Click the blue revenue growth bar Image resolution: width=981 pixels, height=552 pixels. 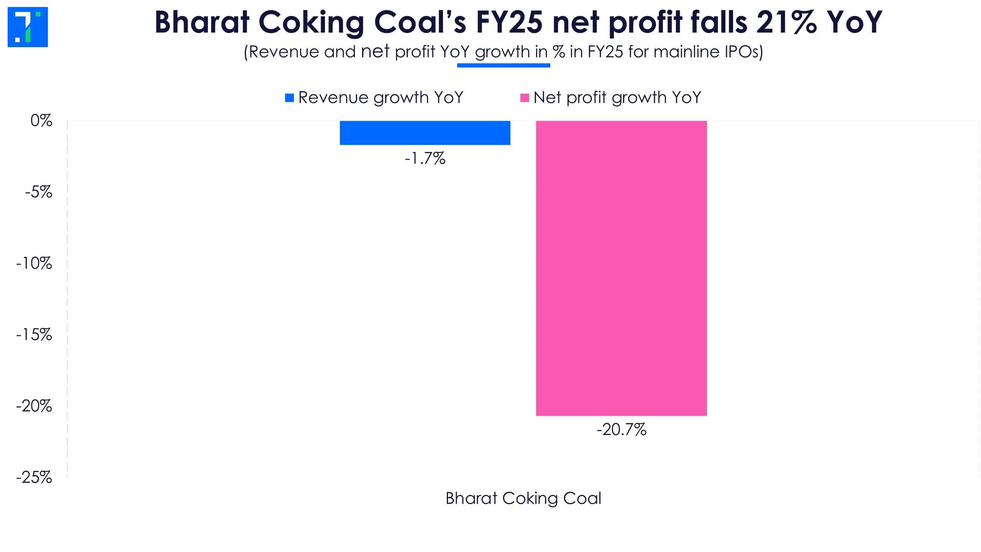pos(425,133)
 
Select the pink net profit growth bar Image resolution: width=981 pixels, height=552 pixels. pos(621,268)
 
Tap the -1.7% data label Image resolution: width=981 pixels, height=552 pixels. pos(425,158)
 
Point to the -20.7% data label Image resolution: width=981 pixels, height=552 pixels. pos(621,429)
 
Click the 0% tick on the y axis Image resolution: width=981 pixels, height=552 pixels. pos(41,121)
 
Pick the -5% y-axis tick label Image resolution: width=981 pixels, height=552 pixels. pos(38,192)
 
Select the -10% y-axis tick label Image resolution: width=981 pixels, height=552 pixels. pos(34,263)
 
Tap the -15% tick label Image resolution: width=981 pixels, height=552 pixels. pos(34,335)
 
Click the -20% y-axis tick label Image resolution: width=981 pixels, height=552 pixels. pos(34,406)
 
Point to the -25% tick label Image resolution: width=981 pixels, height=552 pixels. pos(34,477)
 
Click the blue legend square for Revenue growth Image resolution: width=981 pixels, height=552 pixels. pos(289,98)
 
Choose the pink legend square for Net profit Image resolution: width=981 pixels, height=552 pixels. pos(524,98)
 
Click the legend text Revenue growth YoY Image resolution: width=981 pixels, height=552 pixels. pos(381,98)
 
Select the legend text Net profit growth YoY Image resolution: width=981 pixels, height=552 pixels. pos(617,98)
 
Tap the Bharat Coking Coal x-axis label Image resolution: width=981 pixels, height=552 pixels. pos(523,498)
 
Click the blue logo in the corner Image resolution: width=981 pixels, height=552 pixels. pos(28,27)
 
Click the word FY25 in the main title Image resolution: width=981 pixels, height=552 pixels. pos(509,22)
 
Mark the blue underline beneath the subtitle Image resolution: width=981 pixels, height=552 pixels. pos(504,66)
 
